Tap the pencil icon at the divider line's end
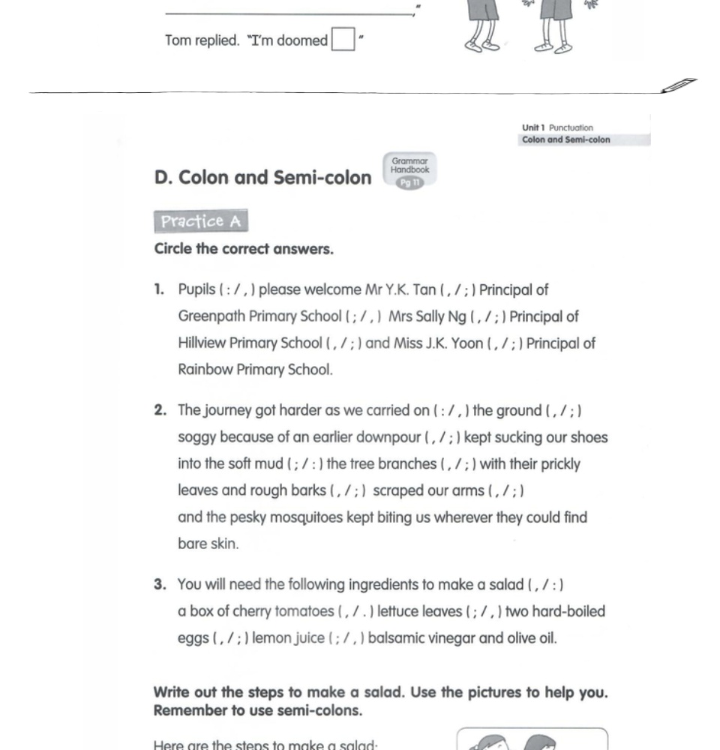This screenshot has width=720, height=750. [x=679, y=85]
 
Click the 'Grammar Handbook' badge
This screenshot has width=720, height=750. [x=409, y=166]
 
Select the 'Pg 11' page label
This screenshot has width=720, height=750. [x=409, y=183]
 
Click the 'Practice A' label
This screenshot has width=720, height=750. [x=200, y=221]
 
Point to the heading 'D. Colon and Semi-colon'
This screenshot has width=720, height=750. [x=262, y=178]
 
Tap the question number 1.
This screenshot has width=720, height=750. [x=159, y=289]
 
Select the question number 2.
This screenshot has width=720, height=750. [x=160, y=410]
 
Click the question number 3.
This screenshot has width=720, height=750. [x=160, y=584]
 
